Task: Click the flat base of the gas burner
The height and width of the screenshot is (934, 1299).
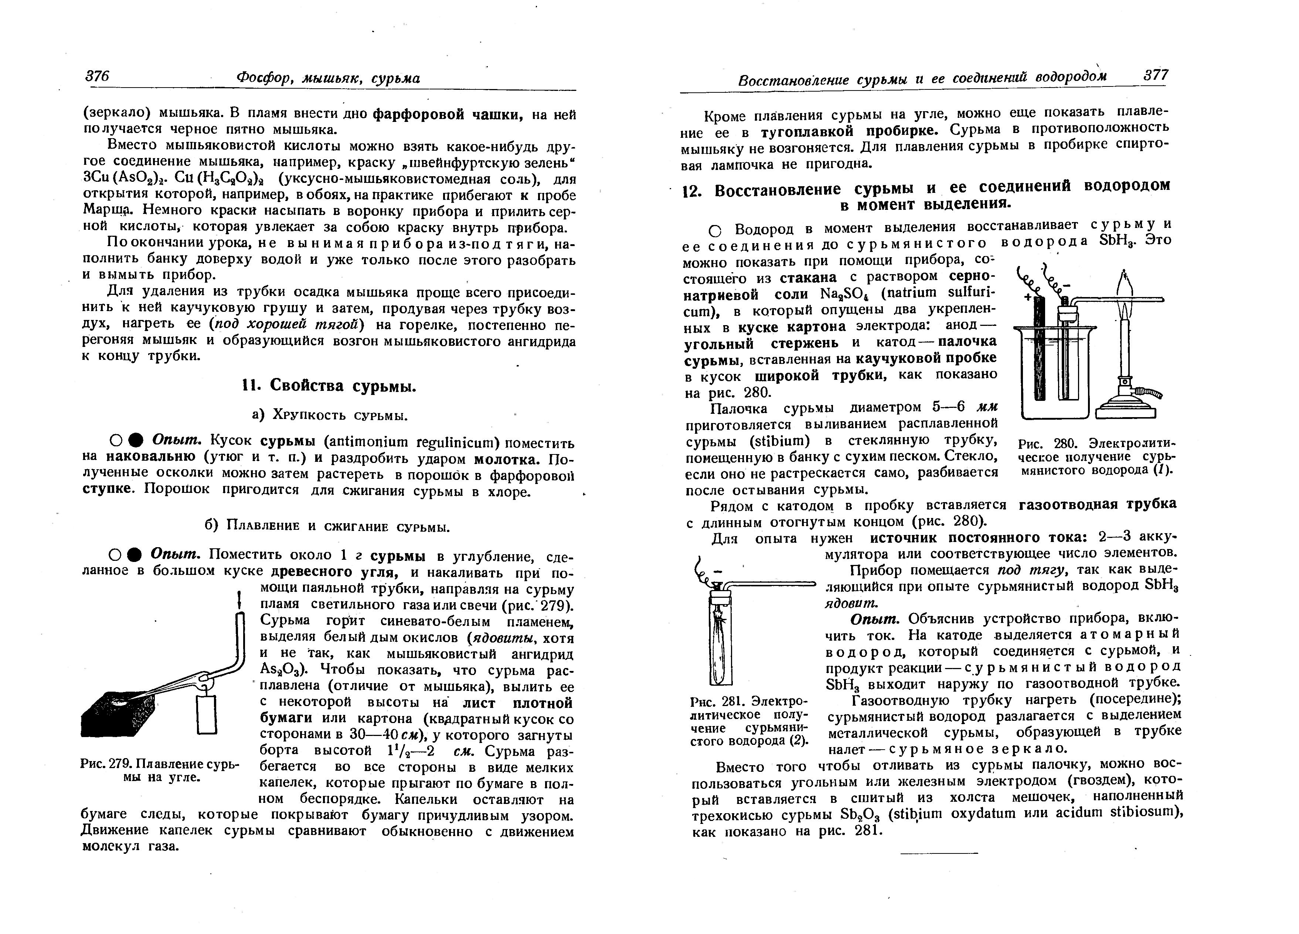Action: click(x=1125, y=411)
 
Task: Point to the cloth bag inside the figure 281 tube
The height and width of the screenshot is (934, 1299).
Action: click(x=720, y=635)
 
